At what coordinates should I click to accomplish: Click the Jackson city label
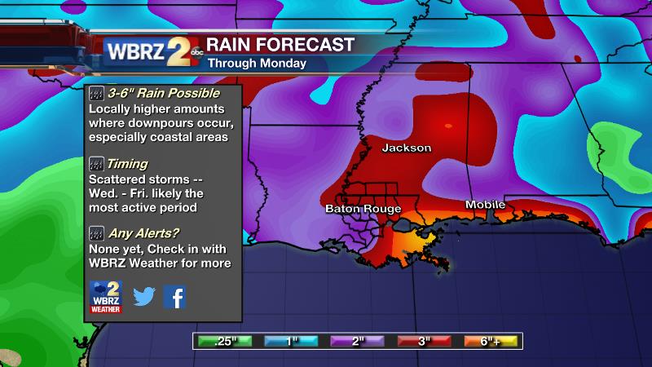[406, 148]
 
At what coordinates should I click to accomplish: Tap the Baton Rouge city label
[360, 209]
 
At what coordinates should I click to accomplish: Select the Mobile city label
[485, 204]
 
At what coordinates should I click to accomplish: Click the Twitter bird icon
[144, 297]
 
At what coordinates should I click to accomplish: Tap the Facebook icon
[174, 297]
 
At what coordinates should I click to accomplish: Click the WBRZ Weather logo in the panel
[105, 297]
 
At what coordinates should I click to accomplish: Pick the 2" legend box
[357, 341]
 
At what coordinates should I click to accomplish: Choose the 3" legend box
[423, 341]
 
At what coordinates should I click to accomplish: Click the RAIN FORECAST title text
[280, 44]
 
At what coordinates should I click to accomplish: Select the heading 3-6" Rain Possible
[156, 94]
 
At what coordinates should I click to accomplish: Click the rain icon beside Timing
[96, 164]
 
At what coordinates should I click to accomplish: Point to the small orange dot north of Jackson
[447, 126]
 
